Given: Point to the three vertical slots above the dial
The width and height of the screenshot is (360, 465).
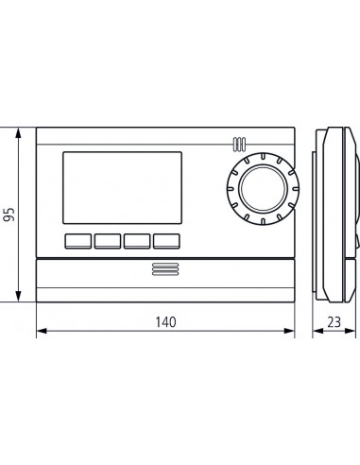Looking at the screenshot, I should tap(237, 146).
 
